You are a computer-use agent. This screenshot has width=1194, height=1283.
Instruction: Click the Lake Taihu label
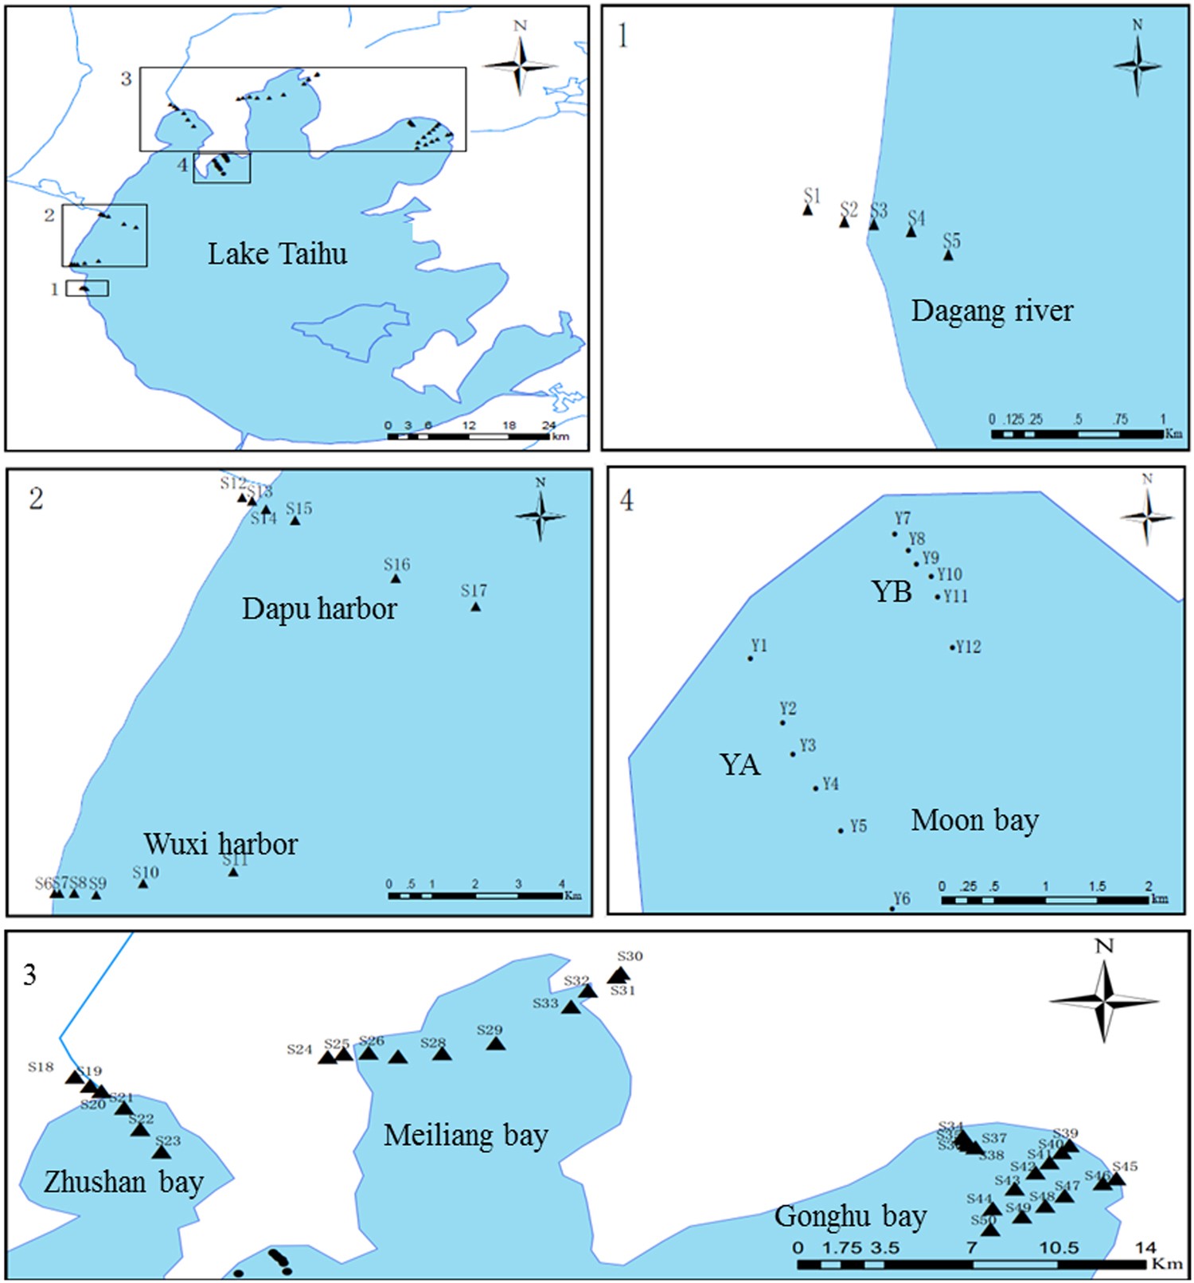(277, 254)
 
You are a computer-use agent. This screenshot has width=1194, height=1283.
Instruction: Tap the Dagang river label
(992, 311)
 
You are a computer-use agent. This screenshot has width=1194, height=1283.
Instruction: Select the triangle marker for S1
(807, 210)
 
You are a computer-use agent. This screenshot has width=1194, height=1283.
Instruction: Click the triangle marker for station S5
(948, 256)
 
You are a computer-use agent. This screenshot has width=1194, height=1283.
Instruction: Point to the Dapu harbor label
(319, 609)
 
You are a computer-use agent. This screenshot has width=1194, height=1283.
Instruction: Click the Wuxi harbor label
(220, 844)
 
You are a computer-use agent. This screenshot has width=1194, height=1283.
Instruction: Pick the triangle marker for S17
(475, 607)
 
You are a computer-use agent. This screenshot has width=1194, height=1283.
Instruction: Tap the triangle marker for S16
(395, 578)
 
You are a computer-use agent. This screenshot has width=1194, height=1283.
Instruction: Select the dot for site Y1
(750, 659)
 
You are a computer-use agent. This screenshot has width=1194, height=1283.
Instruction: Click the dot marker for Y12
(952, 647)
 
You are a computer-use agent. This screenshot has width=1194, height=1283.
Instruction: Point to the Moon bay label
(974, 820)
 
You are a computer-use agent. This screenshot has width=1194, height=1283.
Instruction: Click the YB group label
(892, 592)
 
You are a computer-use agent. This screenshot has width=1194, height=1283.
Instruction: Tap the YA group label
(739, 765)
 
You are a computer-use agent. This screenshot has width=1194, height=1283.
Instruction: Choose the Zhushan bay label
(123, 1183)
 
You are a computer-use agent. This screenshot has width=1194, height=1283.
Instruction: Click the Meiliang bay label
(466, 1136)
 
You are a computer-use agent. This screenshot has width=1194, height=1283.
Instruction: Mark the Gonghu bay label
(850, 1217)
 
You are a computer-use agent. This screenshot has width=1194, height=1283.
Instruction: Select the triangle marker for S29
(495, 1043)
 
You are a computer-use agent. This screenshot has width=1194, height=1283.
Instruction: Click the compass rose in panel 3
(1104, 1001)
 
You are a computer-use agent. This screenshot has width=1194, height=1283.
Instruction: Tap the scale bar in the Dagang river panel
(1077, 434)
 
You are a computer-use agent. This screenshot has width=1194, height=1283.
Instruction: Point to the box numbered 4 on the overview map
(222, 167)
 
